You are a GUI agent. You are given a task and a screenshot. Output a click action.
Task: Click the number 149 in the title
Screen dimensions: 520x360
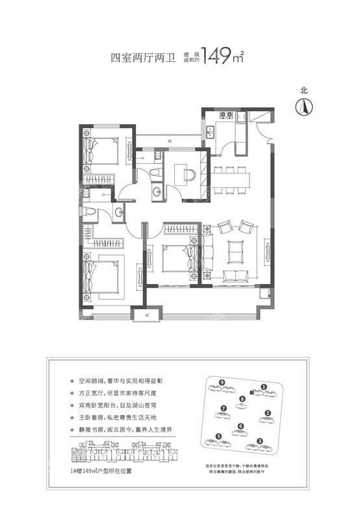(x=214, y=57)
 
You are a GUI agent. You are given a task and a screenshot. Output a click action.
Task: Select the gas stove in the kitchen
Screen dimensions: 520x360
(x=226, y=117)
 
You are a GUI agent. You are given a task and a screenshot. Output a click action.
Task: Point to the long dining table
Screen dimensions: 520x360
(x=233, y=175)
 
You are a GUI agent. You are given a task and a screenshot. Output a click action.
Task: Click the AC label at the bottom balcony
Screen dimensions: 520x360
(x=148, y=315)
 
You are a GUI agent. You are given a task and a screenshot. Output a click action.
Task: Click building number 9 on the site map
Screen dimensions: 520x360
(x=222, y=382)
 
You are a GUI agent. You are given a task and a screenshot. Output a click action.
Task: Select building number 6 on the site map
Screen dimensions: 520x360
(x=240, y=426)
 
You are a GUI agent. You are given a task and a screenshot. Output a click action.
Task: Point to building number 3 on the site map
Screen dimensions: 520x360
(x=259, y=441)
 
